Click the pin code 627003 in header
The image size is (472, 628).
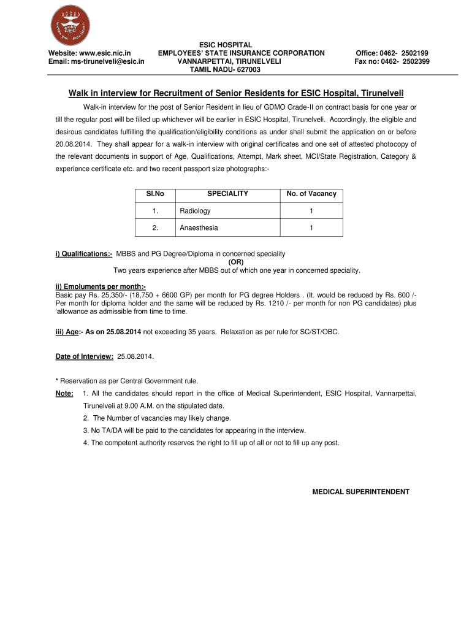[247, 70]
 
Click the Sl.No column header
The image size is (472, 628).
[155, 194]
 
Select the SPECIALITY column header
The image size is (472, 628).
[227, 194]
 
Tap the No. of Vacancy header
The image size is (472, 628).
[311, 194]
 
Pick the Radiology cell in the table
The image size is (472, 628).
[195, 211]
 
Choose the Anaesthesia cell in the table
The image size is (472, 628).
[199, 228]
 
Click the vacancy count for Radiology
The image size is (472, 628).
[311, 211]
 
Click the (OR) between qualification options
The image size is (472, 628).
[237, 262]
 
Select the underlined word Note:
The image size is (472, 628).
[64, 393]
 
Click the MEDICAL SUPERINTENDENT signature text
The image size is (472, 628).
[360, 492]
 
